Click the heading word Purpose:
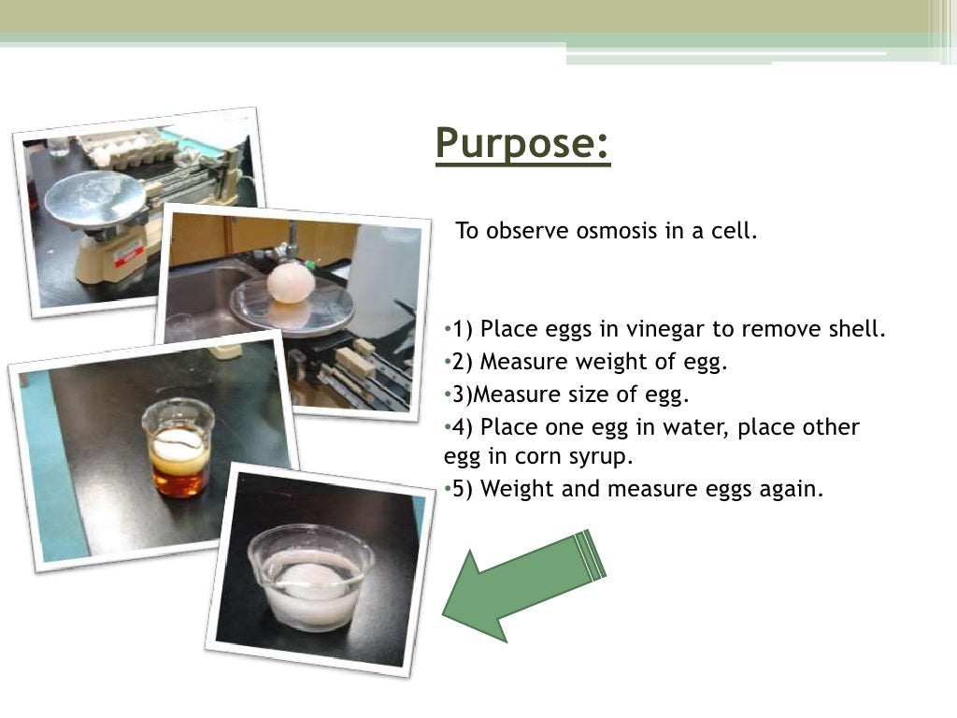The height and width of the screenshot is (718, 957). click(x=522, y=144)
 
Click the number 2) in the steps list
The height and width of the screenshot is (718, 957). click(x=463, y=363)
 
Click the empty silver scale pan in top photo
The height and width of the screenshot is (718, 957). click(x=94, y=197)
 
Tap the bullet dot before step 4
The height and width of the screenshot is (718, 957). click(x=447, y=427)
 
